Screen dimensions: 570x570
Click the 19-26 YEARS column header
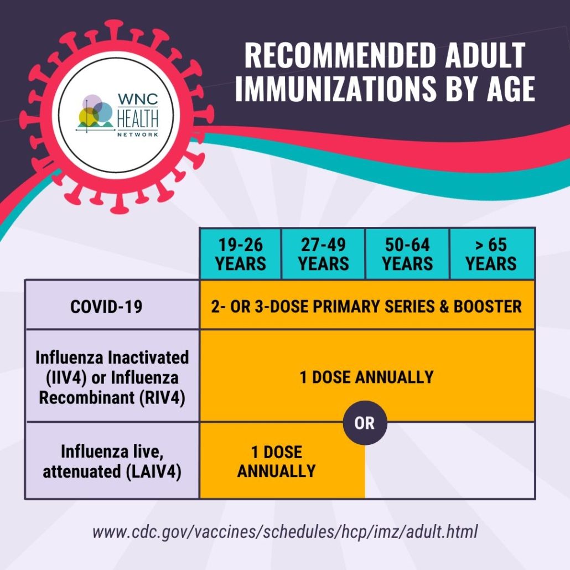pyautogui.click(x=240, y=254)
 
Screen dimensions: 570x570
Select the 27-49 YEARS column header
pyautogui.click(x=323, y=254)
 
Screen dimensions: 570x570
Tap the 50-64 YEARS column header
pyautogui.click(x=407, y=254)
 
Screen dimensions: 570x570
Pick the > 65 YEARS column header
pyautogui.click(x=492, y=254)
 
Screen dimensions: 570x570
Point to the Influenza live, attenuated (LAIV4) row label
pyautogui.click(x=112, y=461)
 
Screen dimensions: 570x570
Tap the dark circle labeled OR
pyautogui.click(x=365, y=423)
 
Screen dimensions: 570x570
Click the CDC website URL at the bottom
pyautogui.click(x=284, y=531)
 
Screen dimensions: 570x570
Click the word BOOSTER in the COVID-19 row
pyautogui.click(x=488, y=307)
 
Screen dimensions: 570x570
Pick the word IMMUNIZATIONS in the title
pyautogui.click(x=335, y=89)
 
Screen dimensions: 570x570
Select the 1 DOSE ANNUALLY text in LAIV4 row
pyautogui.click(x=277, y=462)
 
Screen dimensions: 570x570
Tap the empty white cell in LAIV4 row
pyautogui.click(x=450, y=461)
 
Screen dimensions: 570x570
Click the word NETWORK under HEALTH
pyautogui.click(x=138, y=134)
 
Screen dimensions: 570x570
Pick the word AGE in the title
pyautogui.click(x=511, y=89)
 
